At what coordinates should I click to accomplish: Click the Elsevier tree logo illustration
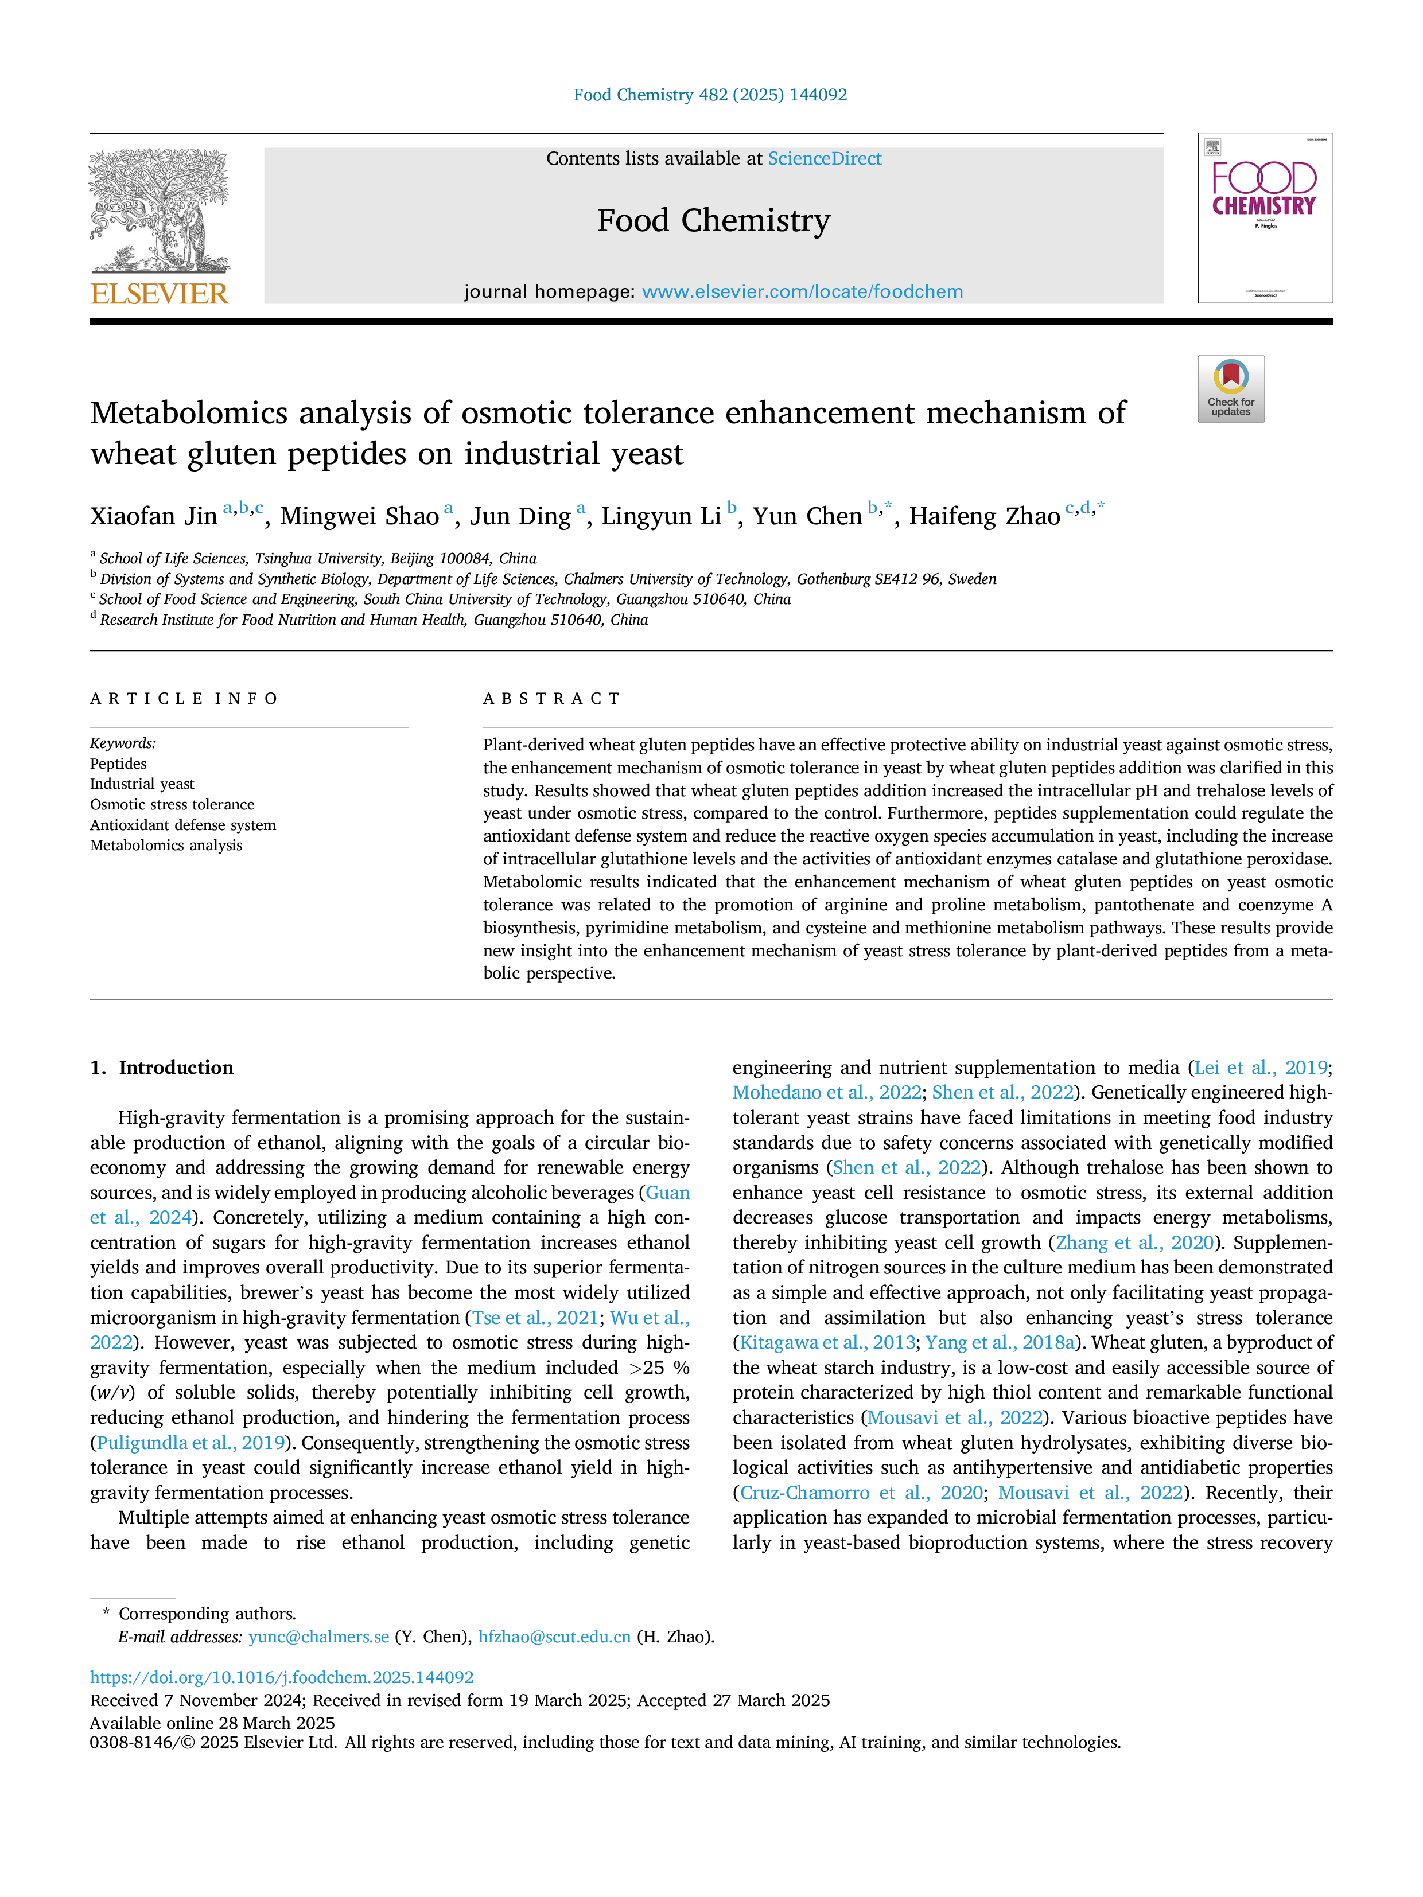coord(160,211)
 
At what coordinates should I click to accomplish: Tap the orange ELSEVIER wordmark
coord(160,294)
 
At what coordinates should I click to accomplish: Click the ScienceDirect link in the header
coord(825,159)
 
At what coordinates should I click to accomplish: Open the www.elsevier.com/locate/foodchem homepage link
coord(802,291)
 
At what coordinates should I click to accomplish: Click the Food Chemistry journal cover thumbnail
coord(1265,218)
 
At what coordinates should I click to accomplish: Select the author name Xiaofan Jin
coord(154,516)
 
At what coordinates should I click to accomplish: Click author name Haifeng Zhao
coord(985,516)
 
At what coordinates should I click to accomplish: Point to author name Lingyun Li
coord(662,516)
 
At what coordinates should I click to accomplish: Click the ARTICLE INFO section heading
coord(184,699)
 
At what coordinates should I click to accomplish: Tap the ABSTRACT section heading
coord(551,699)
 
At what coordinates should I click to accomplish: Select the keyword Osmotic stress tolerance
coord(172,804)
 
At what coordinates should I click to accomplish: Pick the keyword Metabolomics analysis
coord(166,846)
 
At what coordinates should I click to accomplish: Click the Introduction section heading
coord(162,1068)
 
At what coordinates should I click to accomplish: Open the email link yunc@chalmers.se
coord(319,1637)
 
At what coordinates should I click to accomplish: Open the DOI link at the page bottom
coord(282,1677)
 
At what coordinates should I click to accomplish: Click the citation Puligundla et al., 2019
coord(191,1443)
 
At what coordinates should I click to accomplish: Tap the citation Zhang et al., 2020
coord(1135,1242)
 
